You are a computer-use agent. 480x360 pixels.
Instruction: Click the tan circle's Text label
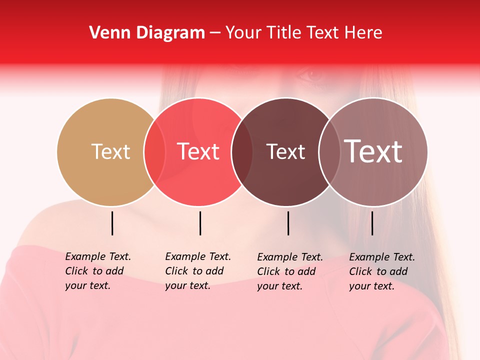pos(110,151)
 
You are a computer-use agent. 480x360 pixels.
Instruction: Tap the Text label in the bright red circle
pos(198,151)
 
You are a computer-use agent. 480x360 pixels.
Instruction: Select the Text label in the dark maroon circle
pos(285,151)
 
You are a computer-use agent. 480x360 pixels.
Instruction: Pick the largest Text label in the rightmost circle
pos(373,151)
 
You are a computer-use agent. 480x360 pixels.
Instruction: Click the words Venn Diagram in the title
pos(147,32)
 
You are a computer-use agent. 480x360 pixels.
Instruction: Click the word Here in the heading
pos(363,32)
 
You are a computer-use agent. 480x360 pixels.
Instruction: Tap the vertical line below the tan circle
pos(112,223)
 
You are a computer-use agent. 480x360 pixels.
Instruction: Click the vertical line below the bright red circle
pos(200,223)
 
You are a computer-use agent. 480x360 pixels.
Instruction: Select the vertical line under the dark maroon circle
pos(288,223)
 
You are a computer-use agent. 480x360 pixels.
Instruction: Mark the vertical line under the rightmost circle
pos(372,223)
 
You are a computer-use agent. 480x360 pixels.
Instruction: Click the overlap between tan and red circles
pos(154,151)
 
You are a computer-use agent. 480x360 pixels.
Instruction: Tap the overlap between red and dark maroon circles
pos(242,151)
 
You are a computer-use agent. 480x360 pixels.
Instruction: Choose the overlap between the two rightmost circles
pos(329,151)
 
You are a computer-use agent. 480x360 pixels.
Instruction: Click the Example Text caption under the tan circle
pos(98,271)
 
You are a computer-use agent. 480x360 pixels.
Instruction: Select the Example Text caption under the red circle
pos(198,271)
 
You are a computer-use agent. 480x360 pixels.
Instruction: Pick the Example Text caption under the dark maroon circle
pos(290,271)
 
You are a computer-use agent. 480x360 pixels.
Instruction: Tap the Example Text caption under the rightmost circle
pos(382,271)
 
